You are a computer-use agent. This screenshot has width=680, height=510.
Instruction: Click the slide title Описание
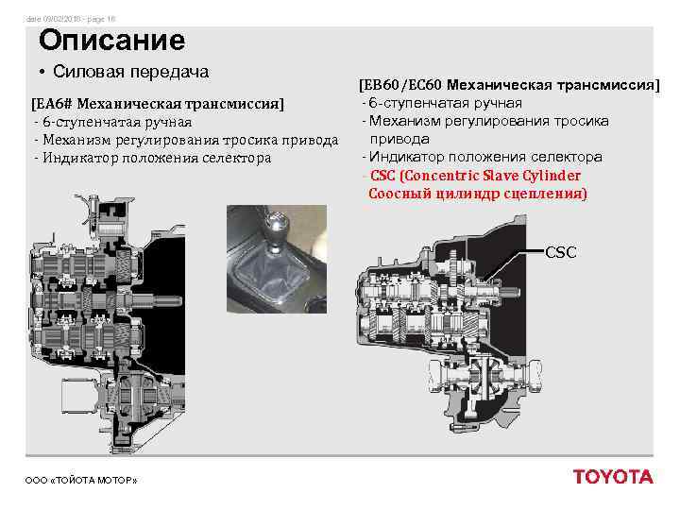coord(111,41)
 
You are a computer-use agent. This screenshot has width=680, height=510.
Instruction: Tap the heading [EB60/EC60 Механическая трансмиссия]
coord(508,85)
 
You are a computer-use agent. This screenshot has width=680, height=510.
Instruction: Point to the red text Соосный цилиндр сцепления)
coord(477,194)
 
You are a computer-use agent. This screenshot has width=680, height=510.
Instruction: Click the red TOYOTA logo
coord(612,476)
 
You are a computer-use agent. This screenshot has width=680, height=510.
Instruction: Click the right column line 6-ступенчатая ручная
coord(445,103)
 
